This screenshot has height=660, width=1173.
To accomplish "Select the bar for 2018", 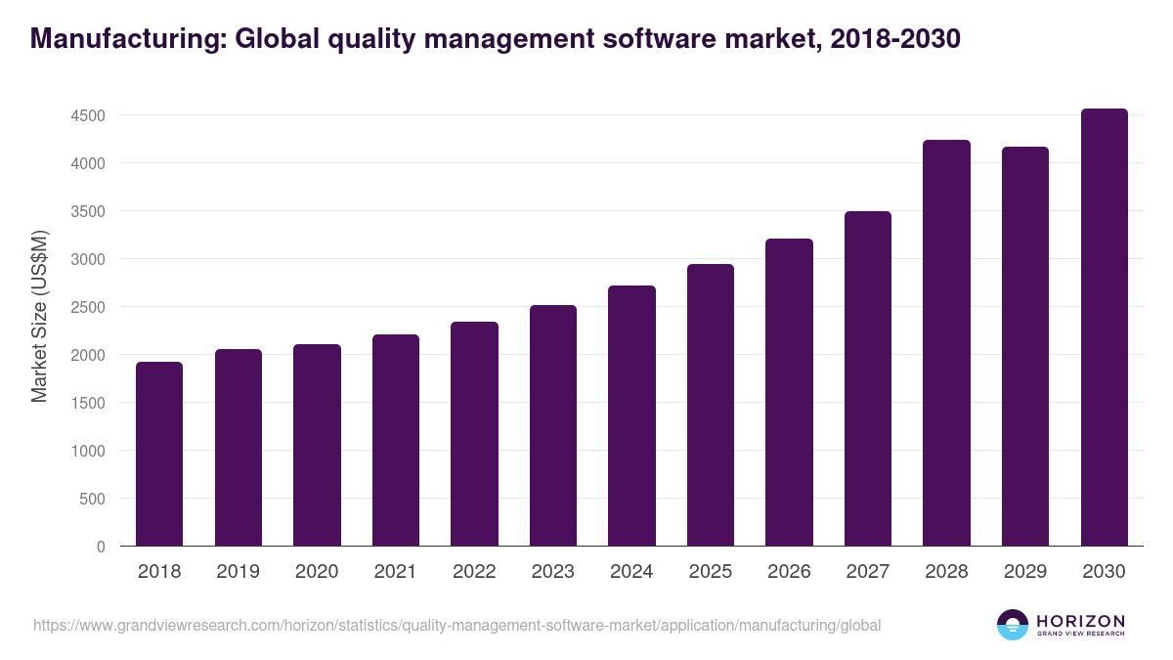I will pos(159,454).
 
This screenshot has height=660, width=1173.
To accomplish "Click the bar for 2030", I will pos(1104,328).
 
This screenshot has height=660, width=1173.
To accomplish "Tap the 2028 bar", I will pos(946,343).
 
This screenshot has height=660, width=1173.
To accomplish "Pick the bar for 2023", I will pos(552,425).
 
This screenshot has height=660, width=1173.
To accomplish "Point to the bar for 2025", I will pos(710,405).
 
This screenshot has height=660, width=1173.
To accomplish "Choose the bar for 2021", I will pos(395,440).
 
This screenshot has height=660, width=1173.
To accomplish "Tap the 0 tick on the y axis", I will pos(100,547).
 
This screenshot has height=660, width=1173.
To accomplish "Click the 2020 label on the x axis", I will pos(317,572).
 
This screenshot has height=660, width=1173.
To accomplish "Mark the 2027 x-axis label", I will pos(867,572).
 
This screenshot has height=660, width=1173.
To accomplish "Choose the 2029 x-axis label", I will pos(1024,572).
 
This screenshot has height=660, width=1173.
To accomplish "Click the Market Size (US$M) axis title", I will pos(40,316).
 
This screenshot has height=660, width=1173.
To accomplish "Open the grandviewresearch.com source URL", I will pos(456,625).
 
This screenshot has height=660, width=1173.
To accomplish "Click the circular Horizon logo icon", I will pos(1012,625).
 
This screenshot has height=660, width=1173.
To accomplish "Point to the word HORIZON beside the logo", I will pos(1080,621).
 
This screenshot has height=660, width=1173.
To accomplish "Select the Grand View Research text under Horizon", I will pos(1080,635).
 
